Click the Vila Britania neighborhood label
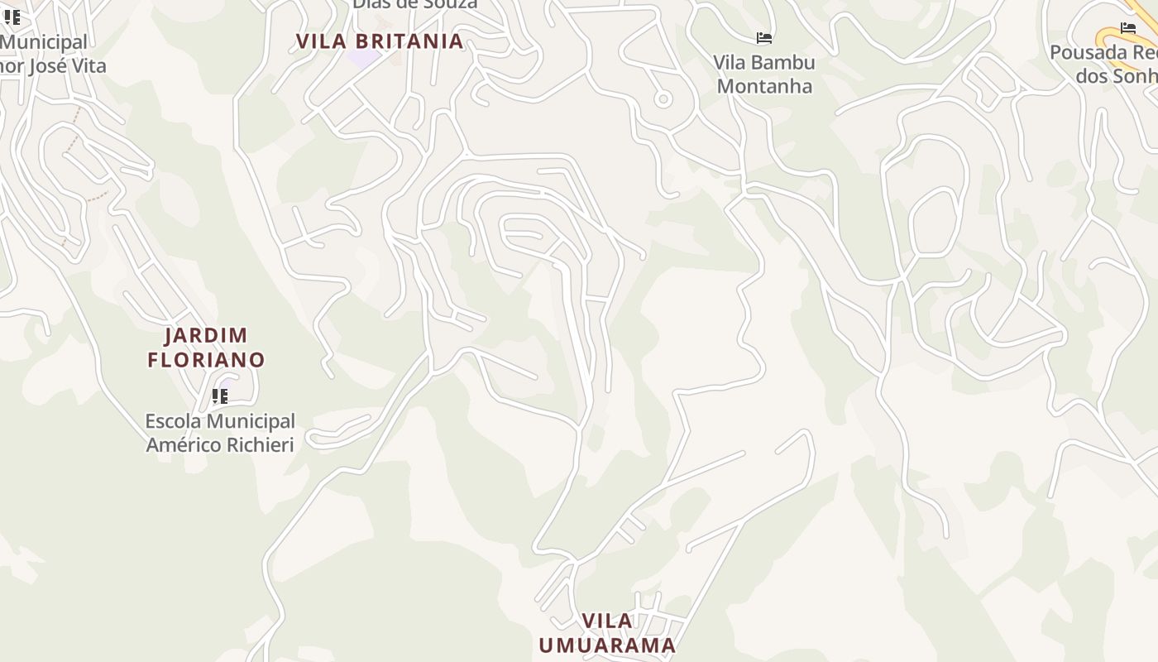click(x=380, y=41)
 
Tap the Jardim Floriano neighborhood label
click(x=206, y=348)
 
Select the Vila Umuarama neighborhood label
click(x=607, y=633)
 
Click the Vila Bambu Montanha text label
click(x=764, y=74)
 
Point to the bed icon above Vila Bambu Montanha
click(x=764, y=38)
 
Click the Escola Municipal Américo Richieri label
click(x=220, y=433)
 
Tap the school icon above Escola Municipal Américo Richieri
click(x=219, y=396)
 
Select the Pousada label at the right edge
click(x=1103, y=65)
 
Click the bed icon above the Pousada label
click(x=1127, y=28)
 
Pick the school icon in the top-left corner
click(x=12, y=17)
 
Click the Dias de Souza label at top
click(x=414, y=4)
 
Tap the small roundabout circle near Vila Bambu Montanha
click(x=663, y=99)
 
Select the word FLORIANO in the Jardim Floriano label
click(x=206, y=360)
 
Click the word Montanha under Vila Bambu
click(x=764, y=86)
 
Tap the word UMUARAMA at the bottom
click(x=607, y=645)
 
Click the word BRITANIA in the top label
click(x=410, y=41)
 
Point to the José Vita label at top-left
click(x=54, y=65)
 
